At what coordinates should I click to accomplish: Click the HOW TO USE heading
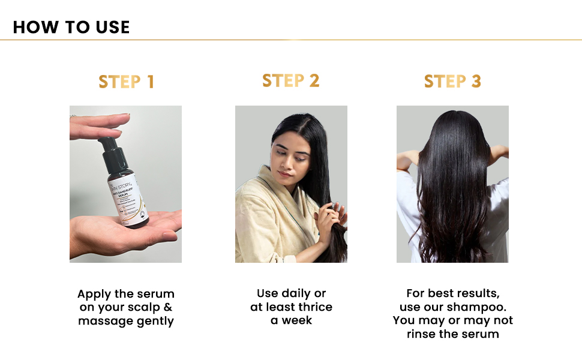pos(71,27)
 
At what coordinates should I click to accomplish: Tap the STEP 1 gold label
pos(126,82)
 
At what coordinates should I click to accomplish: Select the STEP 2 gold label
pos(291,81)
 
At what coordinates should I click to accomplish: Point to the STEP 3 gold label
pos(452,82)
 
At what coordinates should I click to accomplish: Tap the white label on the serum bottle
pos(124,195)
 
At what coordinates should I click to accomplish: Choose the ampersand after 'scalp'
pos(168,308)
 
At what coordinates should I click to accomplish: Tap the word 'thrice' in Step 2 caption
pos(312,307)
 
